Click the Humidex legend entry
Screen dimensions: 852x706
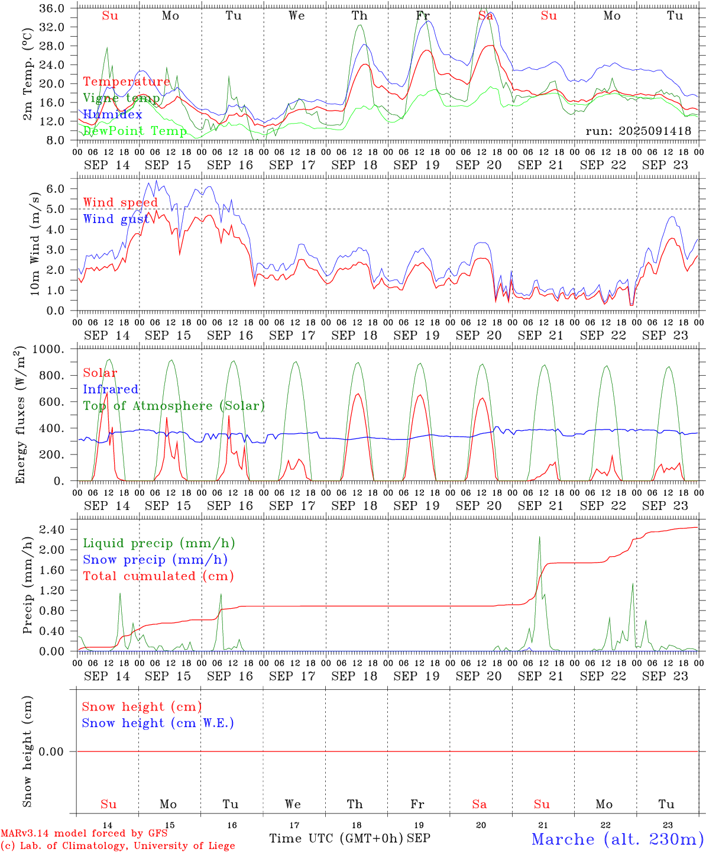112,114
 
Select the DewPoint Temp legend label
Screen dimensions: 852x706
135,131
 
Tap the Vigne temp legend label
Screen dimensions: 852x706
121,98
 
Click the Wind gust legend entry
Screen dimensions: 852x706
116,219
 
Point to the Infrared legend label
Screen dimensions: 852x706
111,389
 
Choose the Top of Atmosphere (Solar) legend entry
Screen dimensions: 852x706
173,406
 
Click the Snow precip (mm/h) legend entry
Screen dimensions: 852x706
155,560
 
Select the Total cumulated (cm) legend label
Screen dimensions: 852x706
158,576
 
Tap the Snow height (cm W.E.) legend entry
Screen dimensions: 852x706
158,723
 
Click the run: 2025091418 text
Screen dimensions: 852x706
638,131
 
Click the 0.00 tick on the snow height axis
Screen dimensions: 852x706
59,751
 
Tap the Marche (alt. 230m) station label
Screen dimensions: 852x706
617,839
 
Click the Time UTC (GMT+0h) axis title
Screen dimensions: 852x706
336,838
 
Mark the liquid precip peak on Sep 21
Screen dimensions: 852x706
539,537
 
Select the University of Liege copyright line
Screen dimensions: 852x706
118,846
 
